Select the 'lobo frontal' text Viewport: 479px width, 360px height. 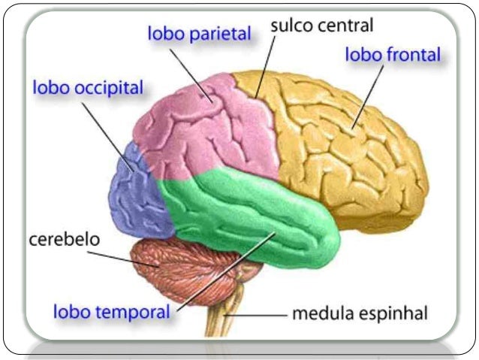tap(393, 55)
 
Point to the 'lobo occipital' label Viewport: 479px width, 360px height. tap(88, 88)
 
